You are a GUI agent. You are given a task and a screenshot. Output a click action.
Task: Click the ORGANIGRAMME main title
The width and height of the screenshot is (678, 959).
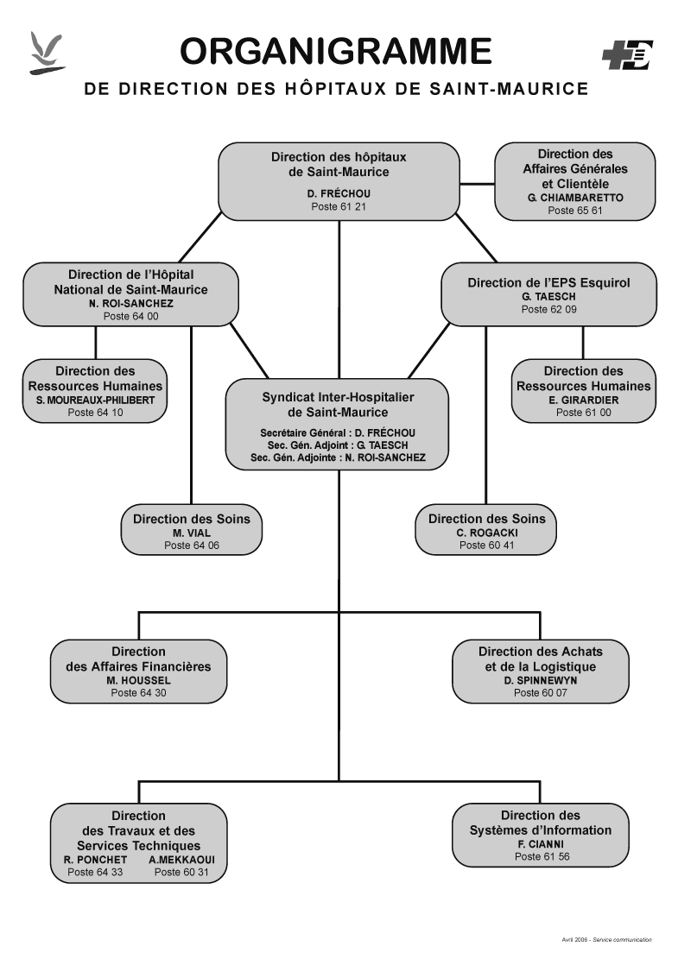click(336, 51)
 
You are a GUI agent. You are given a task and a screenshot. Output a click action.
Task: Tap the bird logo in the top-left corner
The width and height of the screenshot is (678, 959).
click(47, 54)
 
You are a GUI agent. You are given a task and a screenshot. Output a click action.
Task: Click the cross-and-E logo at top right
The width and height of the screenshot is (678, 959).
click(628, 55)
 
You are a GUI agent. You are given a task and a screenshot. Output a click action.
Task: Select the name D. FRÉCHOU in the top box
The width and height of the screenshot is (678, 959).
click(339, 193)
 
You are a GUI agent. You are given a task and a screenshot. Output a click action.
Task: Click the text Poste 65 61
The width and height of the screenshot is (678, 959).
click(574, 211)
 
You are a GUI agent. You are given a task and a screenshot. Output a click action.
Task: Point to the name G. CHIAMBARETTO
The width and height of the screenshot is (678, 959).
click(575, 198)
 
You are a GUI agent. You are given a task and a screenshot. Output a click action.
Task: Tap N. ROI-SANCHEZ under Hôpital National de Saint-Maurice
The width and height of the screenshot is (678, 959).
click(131, 303)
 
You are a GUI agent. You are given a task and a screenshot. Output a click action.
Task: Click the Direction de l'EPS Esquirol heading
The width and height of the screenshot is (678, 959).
click(549, 282)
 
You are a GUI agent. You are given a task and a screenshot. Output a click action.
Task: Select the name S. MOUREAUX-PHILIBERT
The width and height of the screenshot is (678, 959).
click(96, 400)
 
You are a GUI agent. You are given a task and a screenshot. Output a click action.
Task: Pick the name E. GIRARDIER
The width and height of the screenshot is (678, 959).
click(584, 400)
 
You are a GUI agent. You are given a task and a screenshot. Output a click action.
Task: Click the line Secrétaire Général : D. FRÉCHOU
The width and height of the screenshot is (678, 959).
click(338, 433)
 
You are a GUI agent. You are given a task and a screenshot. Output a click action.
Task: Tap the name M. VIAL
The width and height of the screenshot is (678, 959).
click(192, 533)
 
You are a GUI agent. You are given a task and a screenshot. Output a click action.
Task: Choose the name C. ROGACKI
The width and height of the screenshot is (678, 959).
click(487, 533)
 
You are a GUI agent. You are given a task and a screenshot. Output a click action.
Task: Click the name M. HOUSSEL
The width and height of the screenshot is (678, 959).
click(138, 680)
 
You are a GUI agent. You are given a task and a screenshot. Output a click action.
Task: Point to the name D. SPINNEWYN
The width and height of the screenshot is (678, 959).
click(541, 680)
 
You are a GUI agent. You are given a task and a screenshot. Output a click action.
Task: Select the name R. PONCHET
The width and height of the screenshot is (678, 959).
click(96, 860)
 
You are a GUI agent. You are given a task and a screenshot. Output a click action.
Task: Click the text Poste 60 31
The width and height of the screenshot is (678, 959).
click(181, 872)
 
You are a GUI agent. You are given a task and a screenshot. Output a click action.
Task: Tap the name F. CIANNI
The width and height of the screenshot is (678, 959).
click(541, 844)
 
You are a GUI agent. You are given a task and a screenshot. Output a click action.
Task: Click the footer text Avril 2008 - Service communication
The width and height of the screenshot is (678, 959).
click(606, 939)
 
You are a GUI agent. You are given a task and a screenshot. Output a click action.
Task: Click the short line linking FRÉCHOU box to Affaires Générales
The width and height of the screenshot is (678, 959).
click(477, 183)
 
